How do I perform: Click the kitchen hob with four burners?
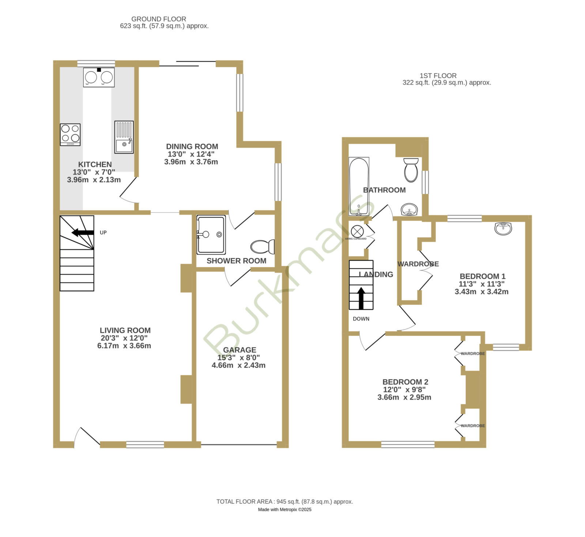point(70,135)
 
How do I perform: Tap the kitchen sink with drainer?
point(124,137)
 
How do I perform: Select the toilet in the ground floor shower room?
point(263,247)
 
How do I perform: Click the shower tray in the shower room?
point(211,235)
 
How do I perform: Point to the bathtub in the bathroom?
point(359,186)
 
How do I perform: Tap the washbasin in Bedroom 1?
point(503,228)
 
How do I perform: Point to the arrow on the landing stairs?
point(361,298)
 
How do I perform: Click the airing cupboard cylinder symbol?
point(357,231)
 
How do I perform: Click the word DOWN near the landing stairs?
point(361,319)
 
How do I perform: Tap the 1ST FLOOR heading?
point(438,76)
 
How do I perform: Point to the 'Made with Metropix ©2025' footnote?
point(285,510)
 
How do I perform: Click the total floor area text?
point(285,502)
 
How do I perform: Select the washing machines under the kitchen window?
point(99,77)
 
